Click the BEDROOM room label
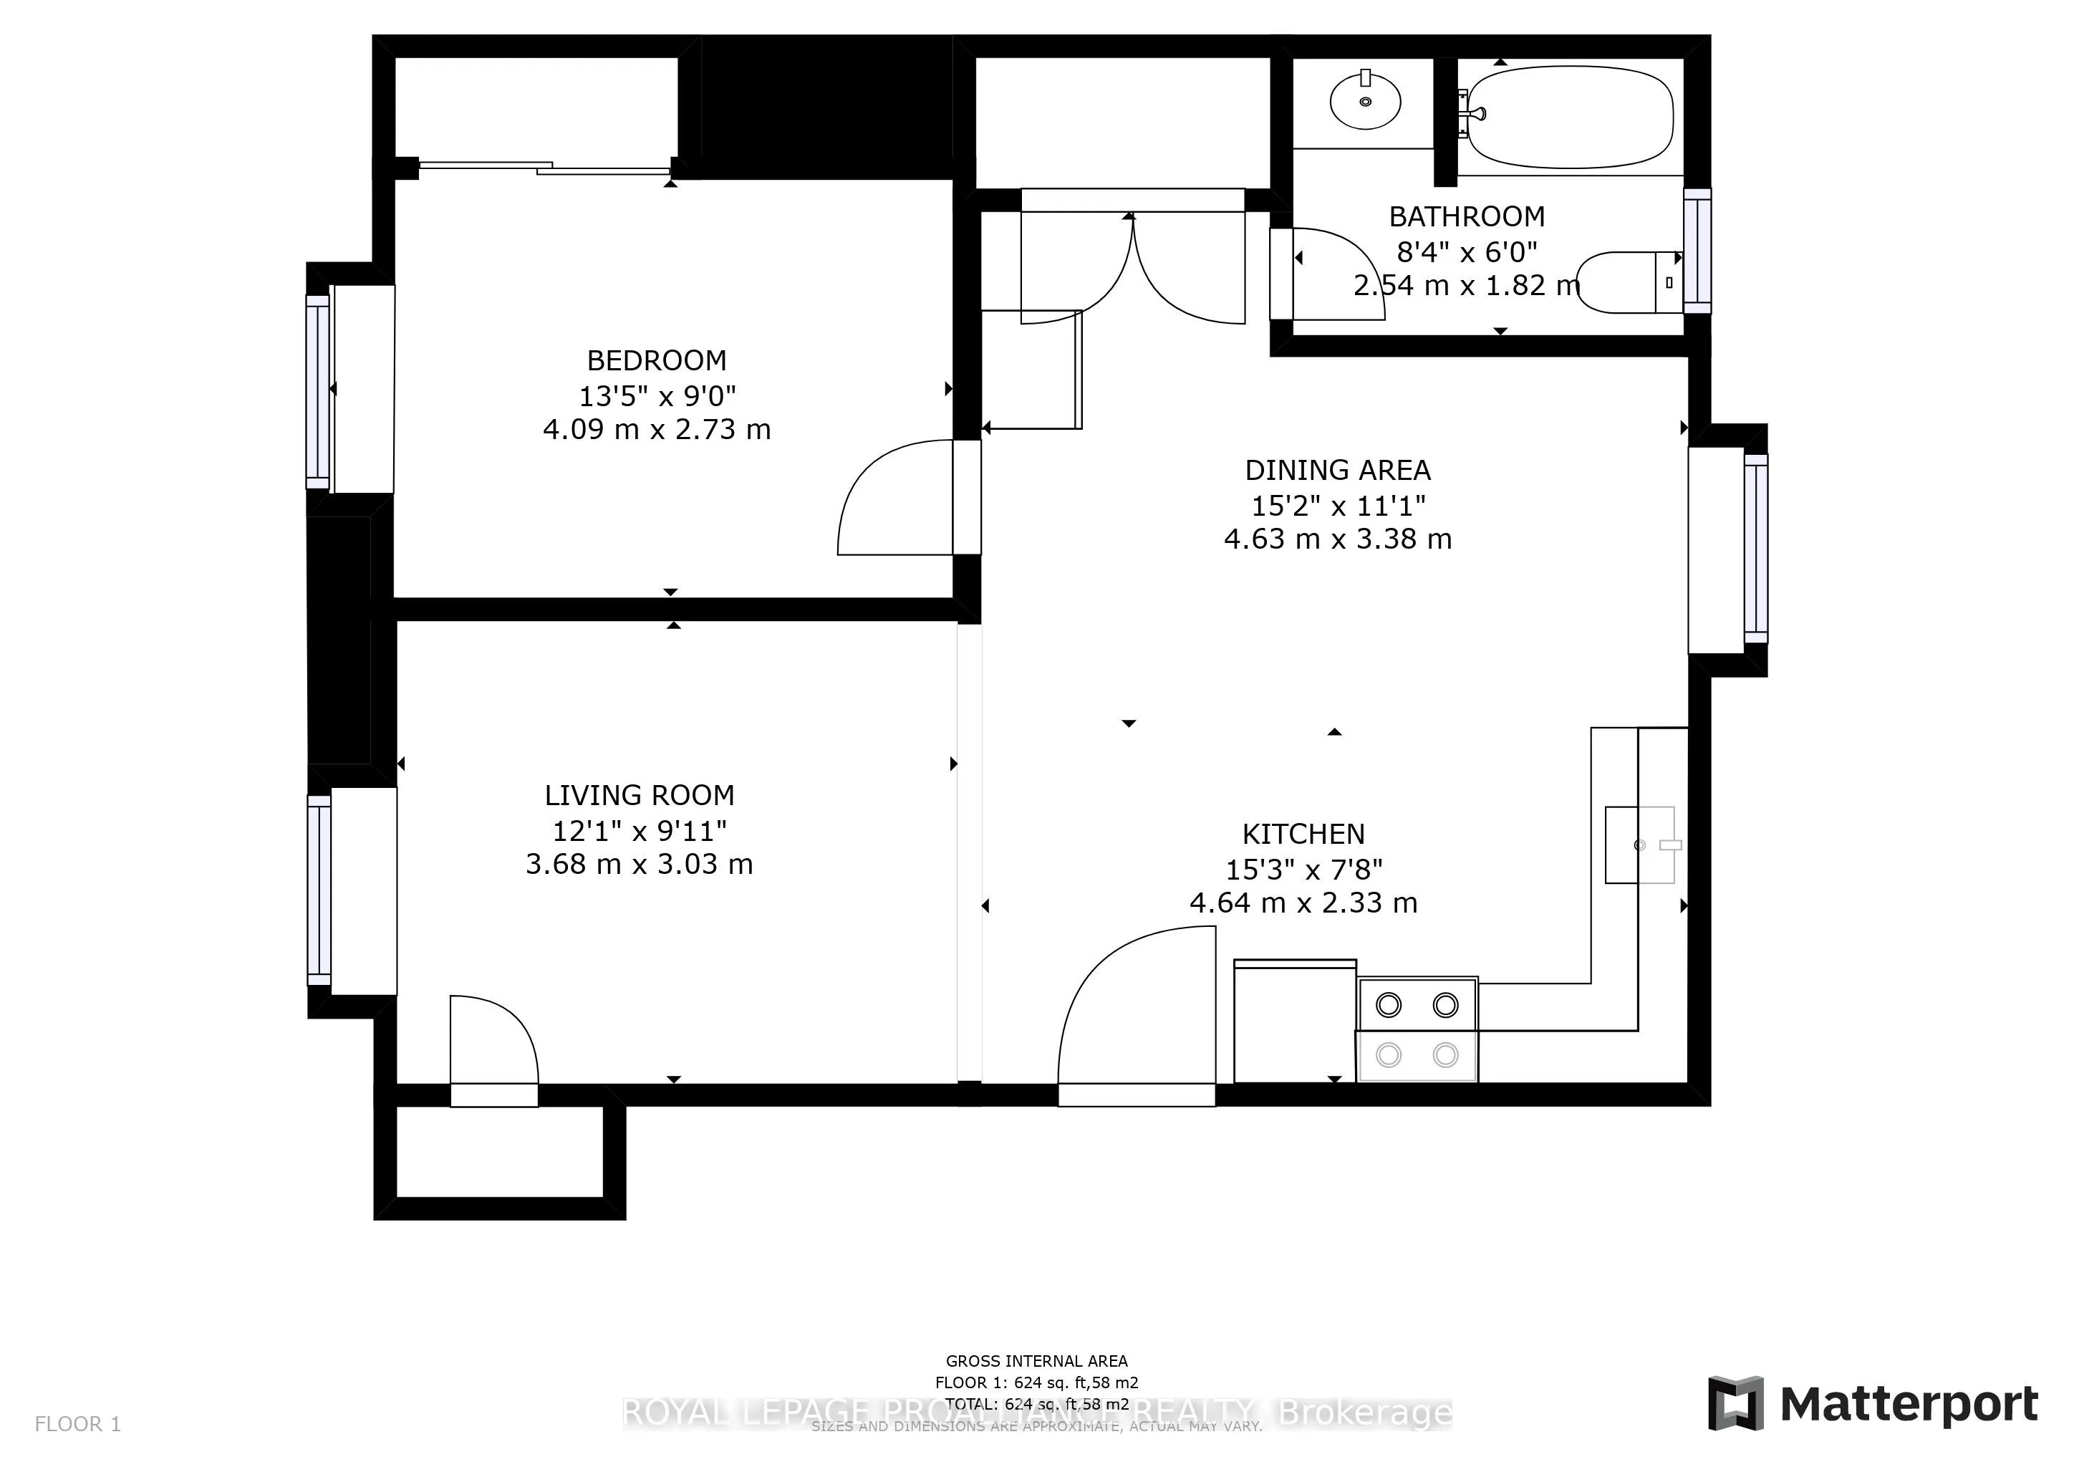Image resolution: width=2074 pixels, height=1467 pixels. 657,360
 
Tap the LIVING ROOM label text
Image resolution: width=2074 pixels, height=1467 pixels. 639,795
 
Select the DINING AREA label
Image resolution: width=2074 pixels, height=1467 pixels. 1337,470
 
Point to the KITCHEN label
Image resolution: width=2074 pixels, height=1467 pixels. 1303,834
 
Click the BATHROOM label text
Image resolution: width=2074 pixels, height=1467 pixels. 1466,217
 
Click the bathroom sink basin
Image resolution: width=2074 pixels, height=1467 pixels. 1365,102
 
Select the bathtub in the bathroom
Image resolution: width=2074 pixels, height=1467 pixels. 1569,117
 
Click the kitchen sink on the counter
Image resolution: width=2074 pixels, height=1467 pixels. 1639,845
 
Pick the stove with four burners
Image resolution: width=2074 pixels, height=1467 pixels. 1417,1029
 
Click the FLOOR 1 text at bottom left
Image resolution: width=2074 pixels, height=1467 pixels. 77,1425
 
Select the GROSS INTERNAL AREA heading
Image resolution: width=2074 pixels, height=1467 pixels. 1036,1360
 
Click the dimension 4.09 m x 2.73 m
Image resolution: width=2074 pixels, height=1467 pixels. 657,429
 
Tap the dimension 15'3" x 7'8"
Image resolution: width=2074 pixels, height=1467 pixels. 1303,869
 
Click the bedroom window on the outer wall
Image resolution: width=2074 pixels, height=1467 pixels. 318,391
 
